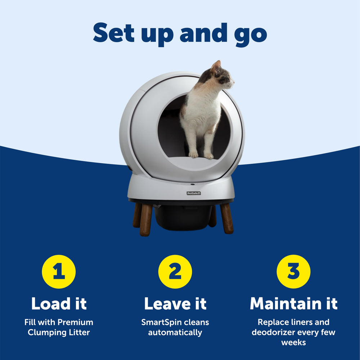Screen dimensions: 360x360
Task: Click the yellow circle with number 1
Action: click(59, 272)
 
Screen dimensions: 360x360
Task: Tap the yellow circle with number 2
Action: click(175, 272)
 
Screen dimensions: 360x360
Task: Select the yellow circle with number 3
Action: click(293, 272)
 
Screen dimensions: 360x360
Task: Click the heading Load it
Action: click(59, 303)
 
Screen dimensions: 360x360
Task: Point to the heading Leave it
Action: click(175, 303)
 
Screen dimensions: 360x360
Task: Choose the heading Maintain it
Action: click(293, 303)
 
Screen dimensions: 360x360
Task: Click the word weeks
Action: click(293, 342)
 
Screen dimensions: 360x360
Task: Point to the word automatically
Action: click(175, 332)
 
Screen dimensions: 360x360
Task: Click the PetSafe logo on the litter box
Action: click(194, 193)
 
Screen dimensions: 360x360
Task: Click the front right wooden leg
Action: click(226, 217)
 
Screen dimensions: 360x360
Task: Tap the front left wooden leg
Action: click(145, 220)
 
